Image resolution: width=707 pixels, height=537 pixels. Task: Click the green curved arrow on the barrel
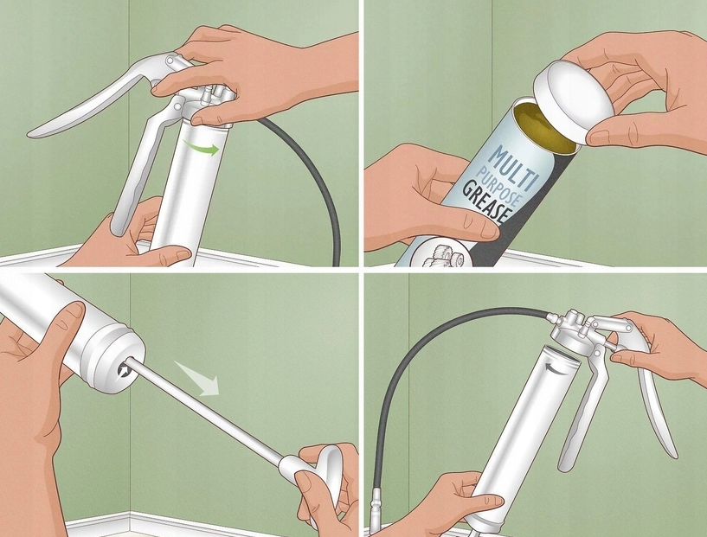pos(202,148)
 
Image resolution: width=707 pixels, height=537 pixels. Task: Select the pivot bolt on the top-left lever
pos(170,60)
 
